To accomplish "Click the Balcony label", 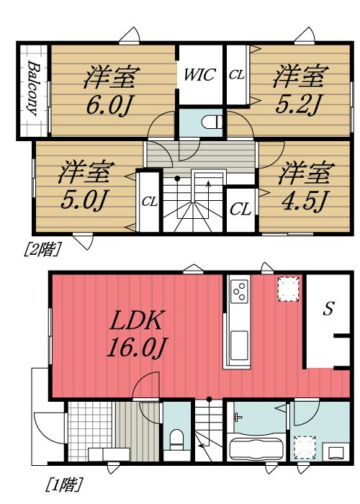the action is [33, 88].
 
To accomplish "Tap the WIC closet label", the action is [199, 75].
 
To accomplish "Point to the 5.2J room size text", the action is [298, 104].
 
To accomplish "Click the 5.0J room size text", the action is [84, 200].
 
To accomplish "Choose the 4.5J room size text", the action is [304, 201].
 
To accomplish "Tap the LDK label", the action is [136, 320].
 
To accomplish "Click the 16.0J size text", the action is [136, 347].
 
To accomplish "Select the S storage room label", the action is [328, 309].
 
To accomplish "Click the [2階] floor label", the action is [42, 249].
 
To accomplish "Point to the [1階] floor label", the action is [65, 485].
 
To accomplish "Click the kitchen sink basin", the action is [239, 346].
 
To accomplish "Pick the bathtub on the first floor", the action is [256, 447].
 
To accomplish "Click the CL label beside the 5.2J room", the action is [237, 75].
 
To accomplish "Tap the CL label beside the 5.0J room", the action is [150, 202].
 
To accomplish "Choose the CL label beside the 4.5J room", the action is [240, 210].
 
